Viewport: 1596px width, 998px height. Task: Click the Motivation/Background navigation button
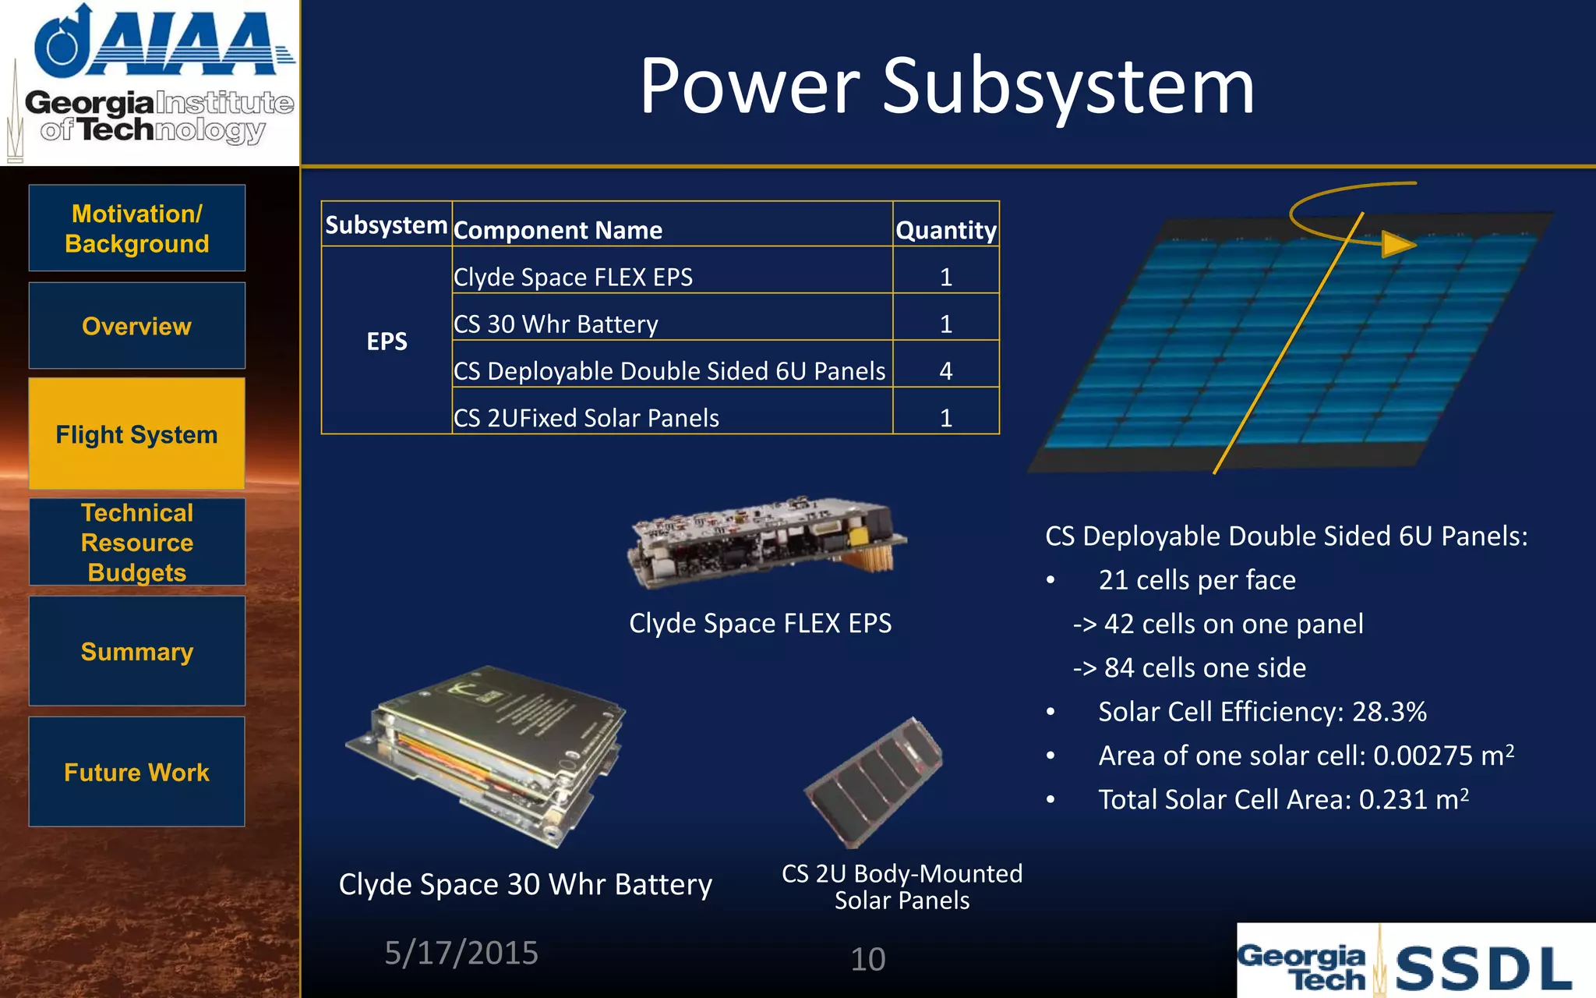pyautogui.click(x=137, y=228)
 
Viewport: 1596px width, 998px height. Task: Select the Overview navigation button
pyautogui.click(x=137, y=326)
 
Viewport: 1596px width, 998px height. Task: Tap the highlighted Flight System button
pyautogui.click(x=137, y=434)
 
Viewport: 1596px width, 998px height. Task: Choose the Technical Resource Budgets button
pyautogui.click(x=137, y=543)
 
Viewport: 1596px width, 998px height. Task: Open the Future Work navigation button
pyautogui.click(x=137, y=772)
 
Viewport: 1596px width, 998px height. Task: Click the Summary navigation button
pyautogui.click(x=137, y=651)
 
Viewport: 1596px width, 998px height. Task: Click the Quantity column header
pyautogui.click(x=945, y=230)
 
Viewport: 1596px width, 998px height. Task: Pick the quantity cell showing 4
pyautogui.click(x=945, y=370)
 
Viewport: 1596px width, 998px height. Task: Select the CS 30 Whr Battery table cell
pyautogui.click(x=556, y=324)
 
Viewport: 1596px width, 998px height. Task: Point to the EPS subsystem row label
pyautogui.click(x=387, y=341)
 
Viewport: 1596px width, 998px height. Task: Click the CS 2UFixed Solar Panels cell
pyautogui.click(x=586, y=418)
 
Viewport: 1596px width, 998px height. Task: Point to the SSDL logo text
pyautogui.click(x=1482, y=968)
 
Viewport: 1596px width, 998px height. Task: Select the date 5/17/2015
pyautogui.click(x=461, y=953)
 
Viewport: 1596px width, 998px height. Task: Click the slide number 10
pyautogui.click(x=867, y=959)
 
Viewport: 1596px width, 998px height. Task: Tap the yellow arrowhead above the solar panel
pyautogui.click(x=1397, y=244)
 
